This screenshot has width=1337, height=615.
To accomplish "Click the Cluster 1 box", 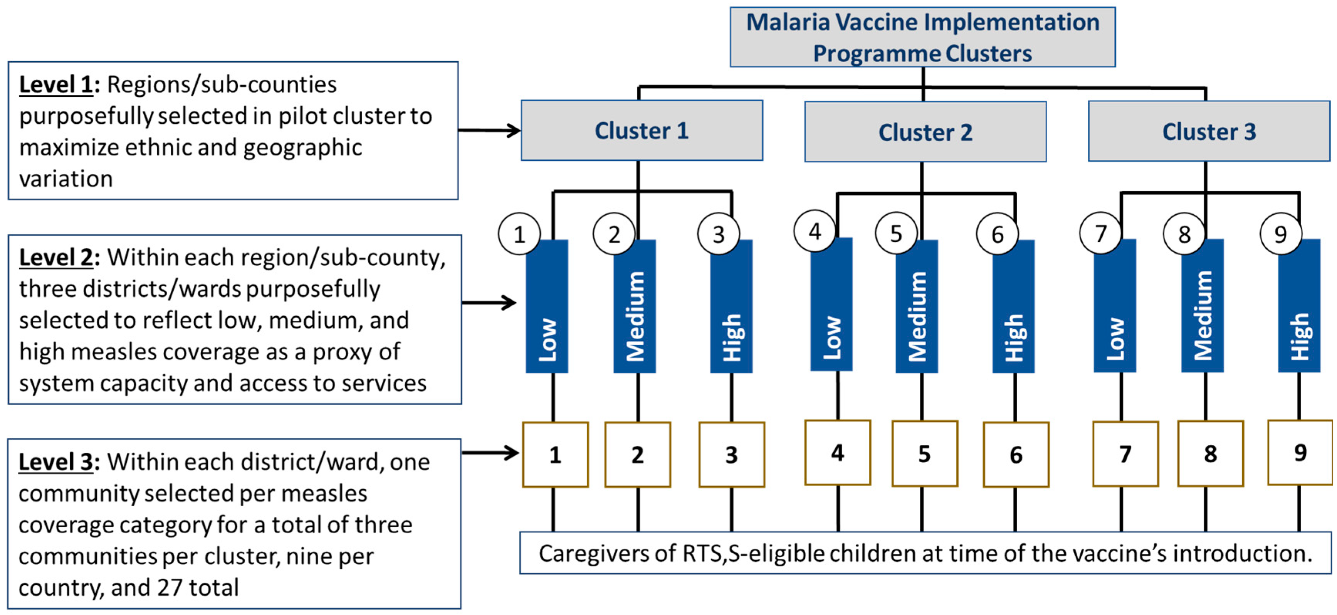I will (x=642, y=130).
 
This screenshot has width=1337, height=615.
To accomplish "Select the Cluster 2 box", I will (x=925, y=132).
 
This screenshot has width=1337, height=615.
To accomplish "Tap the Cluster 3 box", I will (x=1209, y=131).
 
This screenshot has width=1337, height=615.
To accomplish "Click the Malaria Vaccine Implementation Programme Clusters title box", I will (x=922, y=37).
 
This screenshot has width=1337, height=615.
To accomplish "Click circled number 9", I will (x=1280, y=234).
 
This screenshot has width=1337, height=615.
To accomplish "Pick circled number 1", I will (x=519, y=234).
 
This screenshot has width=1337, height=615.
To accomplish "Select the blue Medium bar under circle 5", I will (x=917, y=312).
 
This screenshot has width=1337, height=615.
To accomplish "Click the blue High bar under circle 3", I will (x=731, y=312).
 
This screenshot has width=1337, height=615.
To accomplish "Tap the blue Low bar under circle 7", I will (x=1114, y=312).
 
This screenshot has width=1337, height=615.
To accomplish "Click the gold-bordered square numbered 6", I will (x=1016, y=455).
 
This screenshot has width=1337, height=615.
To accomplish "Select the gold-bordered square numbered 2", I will (x=637, y=455).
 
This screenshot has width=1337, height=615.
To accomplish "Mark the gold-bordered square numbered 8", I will (x=1210, y=453).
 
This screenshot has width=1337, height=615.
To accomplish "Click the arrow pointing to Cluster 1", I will (x=489, y=130).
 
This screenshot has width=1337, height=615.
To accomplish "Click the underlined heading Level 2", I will (x=56, y=257).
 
